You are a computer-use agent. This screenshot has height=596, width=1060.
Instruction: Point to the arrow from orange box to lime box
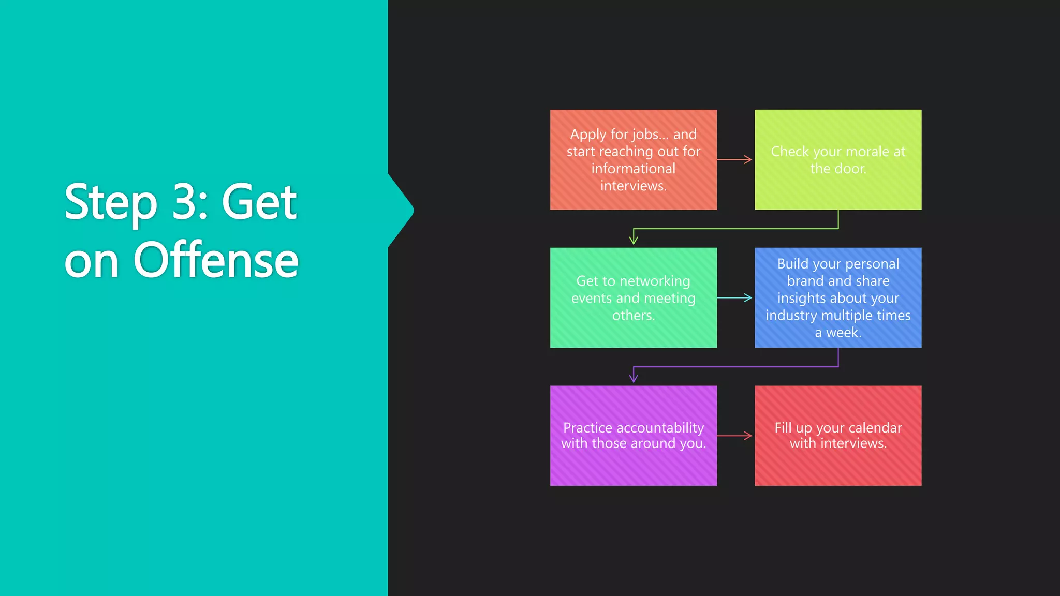tap(735, 159)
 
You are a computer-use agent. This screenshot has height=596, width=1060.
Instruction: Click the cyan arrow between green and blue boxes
tap(735, 297)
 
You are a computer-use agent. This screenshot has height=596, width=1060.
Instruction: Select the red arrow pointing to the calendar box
tap(735, 436)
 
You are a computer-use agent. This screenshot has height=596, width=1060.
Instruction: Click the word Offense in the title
tap(216, 260)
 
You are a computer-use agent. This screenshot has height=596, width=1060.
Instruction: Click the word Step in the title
tap(110, 203)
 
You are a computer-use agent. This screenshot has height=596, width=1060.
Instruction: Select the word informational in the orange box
tap(633, 169)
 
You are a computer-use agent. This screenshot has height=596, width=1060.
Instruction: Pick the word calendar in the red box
tap(875, 428)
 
